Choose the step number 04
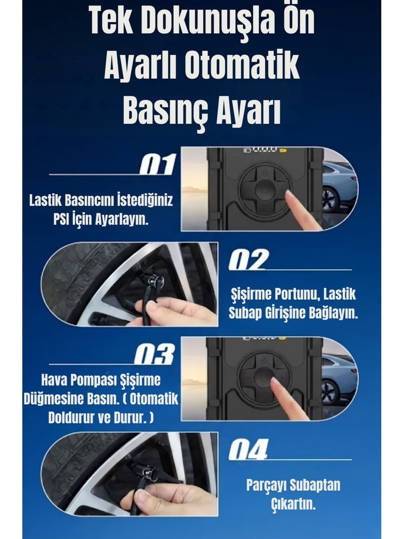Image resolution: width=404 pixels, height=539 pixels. (249, 449)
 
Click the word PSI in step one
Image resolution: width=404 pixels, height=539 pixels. (62, 220)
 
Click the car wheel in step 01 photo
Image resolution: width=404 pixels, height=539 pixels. (330, 199)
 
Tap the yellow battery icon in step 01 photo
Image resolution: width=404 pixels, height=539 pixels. (283, 149)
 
